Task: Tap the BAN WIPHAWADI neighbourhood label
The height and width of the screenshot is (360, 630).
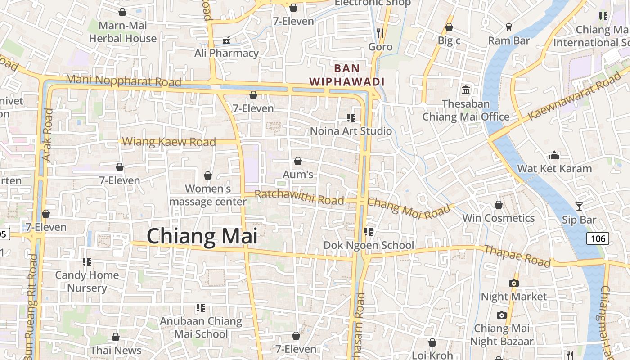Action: coord(346,75)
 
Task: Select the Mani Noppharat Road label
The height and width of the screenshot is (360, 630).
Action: coord(123,81)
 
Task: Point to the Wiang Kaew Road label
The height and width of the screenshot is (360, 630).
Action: coord(169,142)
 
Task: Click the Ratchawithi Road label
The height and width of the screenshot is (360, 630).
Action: coord(299,198)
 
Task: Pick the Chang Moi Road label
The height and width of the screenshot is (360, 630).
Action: coord(409,208)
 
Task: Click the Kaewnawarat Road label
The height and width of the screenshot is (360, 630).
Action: coord(574,98)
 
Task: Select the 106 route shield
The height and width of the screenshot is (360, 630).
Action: coord(598,238)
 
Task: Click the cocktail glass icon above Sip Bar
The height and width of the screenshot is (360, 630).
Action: coord(579,207)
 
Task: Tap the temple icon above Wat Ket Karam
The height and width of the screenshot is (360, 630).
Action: coord(554,155)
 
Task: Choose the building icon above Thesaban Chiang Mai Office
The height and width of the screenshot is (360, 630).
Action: coord(466,90)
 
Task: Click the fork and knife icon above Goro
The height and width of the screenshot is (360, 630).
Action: coord(380,33)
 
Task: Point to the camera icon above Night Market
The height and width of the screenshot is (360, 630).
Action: coord(513,283)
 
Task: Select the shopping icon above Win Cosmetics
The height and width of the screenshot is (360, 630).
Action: coord(498,205)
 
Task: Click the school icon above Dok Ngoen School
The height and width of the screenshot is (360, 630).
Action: coord(369,232)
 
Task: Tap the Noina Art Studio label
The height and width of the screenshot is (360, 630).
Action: coord(351,131)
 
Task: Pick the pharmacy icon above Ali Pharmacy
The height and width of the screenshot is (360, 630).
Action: coord(226,40)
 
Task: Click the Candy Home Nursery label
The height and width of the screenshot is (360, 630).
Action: coord(87,281)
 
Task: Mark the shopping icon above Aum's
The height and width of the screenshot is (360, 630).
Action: coord(297,161)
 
